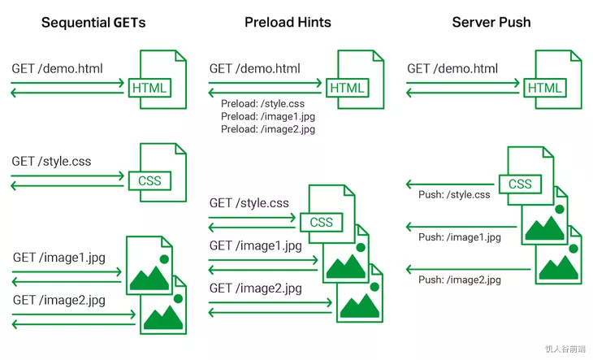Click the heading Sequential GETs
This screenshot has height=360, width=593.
(93, 22)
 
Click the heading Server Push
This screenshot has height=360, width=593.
(491, 22)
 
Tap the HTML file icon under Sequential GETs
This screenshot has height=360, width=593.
(162, 78)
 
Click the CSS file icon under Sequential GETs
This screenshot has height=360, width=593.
(161, 171)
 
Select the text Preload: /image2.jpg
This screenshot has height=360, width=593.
(267, 129)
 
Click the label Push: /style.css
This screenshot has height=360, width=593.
(454, 195)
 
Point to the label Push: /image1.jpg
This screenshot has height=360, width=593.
(459, 237)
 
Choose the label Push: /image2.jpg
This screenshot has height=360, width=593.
(459, 280)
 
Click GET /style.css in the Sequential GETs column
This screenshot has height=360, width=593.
(51, 161)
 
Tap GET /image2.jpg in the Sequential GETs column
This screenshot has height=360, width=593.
(58, 300)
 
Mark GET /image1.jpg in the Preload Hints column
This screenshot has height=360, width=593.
(255, 245)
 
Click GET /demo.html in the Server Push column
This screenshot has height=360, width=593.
(452, 69)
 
